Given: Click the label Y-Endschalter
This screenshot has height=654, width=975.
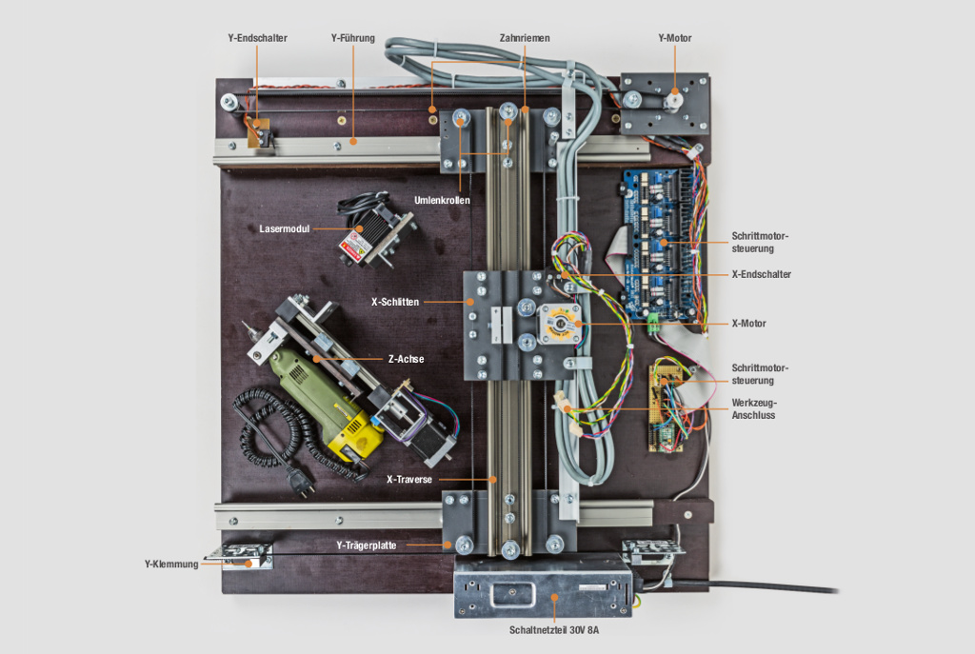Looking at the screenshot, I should [257, 38].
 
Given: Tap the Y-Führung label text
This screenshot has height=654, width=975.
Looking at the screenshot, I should [352, 38].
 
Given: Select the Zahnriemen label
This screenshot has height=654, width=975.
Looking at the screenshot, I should [524, 38].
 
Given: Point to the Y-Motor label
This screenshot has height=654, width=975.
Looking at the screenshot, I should [674, 38].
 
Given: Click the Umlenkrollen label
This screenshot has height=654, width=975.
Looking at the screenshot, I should [442, 200].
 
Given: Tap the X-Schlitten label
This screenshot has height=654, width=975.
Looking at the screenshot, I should [395, 302].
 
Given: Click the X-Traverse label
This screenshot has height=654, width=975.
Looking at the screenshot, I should [410, 480].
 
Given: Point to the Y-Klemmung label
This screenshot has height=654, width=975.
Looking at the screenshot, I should [171, 564].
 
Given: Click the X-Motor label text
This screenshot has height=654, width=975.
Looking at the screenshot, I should [748, 324].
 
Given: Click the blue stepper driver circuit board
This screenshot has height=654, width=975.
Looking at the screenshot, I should [661, 243].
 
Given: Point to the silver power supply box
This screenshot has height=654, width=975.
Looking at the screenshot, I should [542, 586].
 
